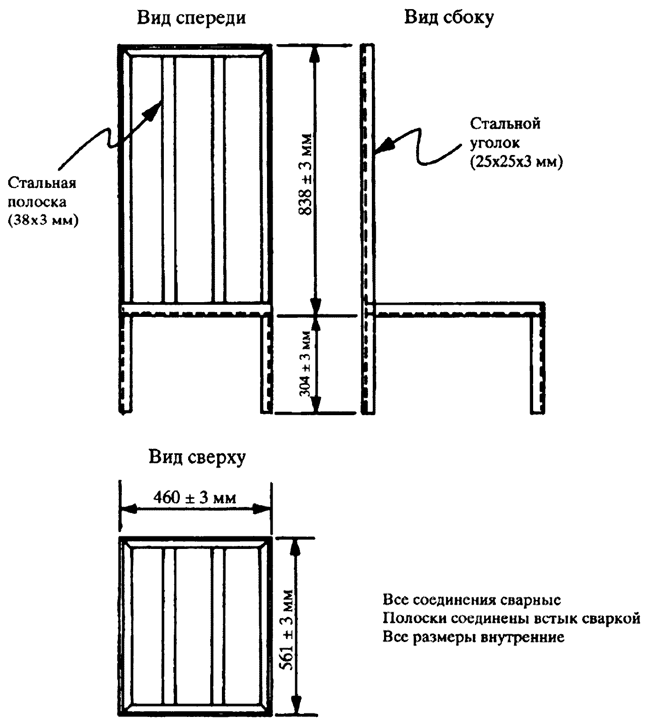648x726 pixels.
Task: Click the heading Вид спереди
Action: (x=192, y=19)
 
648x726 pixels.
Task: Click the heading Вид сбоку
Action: (x=449, y=18)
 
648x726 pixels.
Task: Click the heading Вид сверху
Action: (x=197, y=458)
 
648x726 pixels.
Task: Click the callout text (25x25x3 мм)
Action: (x=516, y=162)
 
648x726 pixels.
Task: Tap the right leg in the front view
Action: (x=266, y=364)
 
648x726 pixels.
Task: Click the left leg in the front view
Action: (x=125, y=364)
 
